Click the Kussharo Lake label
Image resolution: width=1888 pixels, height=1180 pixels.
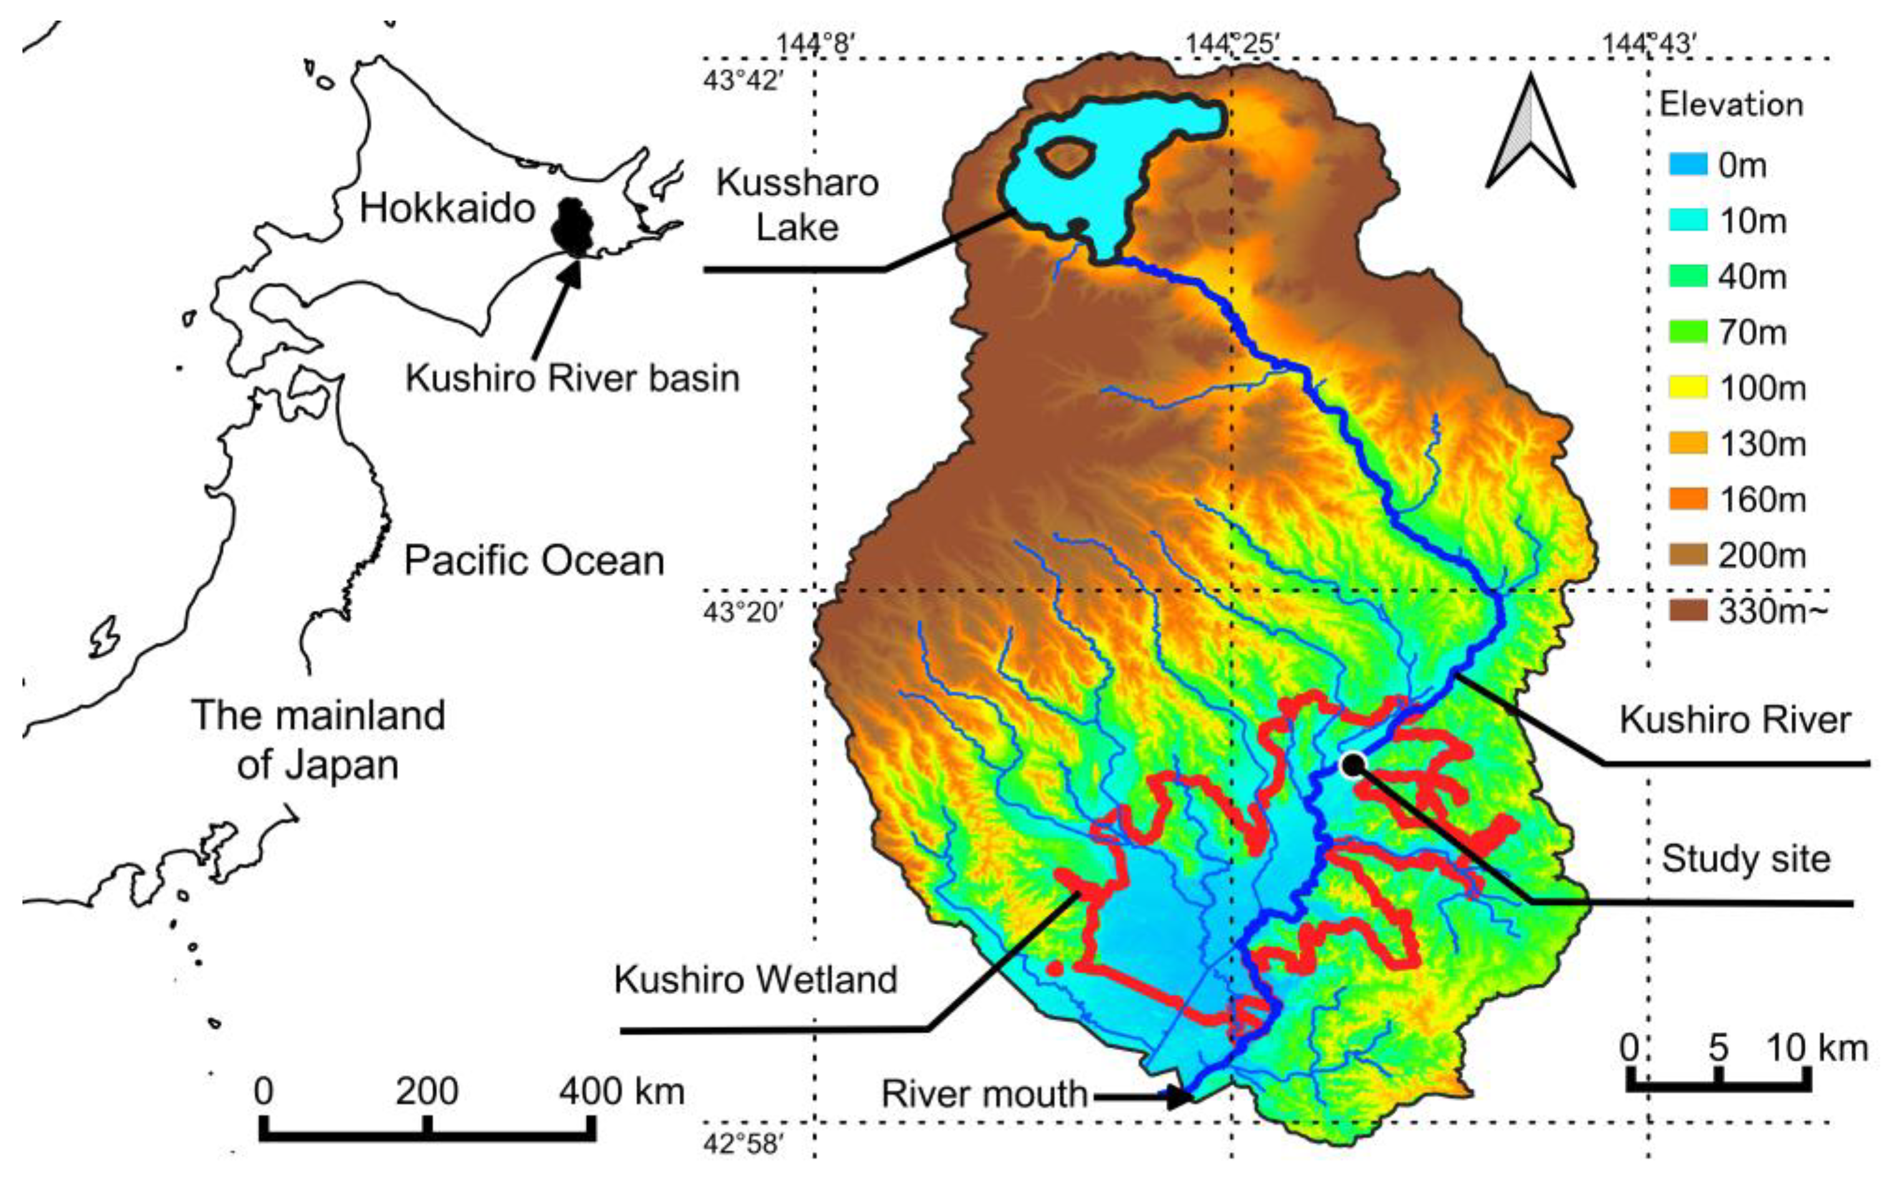[x=797, y=205]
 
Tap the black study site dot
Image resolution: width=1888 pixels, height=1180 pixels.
[x=1353, y=765]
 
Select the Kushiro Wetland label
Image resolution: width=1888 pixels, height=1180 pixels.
[x=755, y=979]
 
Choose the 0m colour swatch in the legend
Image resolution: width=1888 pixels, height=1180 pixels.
[x=1687, y=165]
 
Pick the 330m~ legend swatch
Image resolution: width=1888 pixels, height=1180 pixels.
[x=1687, y=611]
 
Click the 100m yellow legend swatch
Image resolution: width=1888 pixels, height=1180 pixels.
[x=1687, y=388]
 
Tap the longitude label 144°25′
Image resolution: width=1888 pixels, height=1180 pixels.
[x=1233, y=44]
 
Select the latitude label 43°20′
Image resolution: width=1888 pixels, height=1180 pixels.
[x=742, y=612]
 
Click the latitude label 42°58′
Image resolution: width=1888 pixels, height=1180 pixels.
[x=742, y=1144]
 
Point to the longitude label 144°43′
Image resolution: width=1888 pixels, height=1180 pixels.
[x=1649, y=44]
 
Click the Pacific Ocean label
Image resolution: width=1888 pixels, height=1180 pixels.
[x=534, y=561]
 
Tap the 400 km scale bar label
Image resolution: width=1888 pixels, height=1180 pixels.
[x=621, y=1091]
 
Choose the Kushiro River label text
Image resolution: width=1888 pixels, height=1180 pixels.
[x=1734, y=720]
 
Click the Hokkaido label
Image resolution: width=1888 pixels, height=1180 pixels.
[x=447, y=209]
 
